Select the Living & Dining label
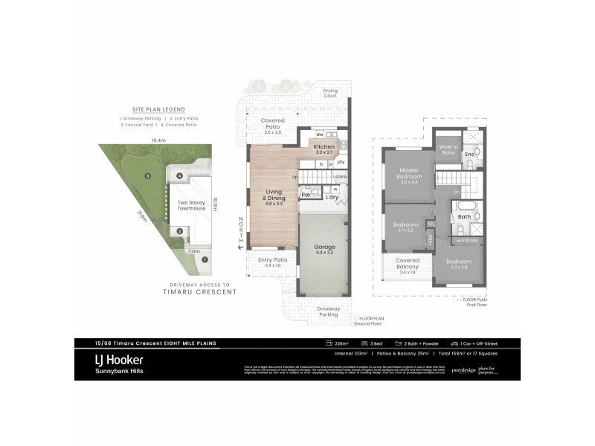tap(274, 195)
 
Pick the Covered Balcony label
tap(408, 264)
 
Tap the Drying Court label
tap(329, 93)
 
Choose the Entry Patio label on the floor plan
tap(273, 262)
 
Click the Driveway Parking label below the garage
tap(329, 311)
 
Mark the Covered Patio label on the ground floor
tap(273, 125)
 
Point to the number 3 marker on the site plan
tap(148, 176)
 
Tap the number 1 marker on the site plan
tap(205, 259)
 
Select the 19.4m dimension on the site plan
tap(158, 140)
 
